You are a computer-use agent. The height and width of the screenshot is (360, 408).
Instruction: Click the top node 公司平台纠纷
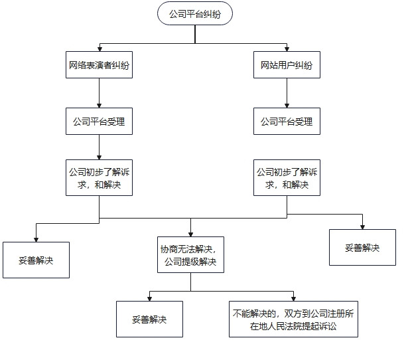click(x=195, y=13)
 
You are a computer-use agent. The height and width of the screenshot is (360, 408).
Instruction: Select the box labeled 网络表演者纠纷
click(x=99, y=65)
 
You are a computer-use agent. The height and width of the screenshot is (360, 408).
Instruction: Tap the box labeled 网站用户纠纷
click(x=287, y=65)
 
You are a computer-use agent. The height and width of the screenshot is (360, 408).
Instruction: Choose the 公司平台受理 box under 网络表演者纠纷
click(x=99, y=121)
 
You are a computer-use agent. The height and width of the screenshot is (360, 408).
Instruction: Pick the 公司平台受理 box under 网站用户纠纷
click(x=287, y=121)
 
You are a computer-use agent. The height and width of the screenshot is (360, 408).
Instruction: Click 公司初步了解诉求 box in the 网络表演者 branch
click(x=99, y=177)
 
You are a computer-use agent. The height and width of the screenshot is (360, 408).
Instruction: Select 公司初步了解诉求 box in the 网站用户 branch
click(x=287, y=177)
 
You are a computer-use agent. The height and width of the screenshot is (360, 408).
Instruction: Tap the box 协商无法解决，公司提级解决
click(x=190, y=255)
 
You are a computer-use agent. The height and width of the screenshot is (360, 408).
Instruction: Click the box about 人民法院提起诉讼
click(x=293, y=319)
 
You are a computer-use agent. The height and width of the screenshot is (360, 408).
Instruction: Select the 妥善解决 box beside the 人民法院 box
click(x=150, y=319)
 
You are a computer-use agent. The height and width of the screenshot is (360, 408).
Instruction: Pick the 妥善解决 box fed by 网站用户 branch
click(x=362, y=248)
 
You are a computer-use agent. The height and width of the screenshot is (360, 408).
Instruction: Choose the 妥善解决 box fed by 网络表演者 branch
click(x=36, y=260)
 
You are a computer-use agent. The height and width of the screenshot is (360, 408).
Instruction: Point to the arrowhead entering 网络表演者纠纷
click(x=100, y=49)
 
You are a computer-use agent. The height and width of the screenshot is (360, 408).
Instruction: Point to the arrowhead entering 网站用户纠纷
click(x=287, y=49)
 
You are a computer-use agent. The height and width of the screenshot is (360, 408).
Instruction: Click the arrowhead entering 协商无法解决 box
click(x=190, y=234)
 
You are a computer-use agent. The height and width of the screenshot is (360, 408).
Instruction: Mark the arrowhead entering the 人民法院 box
click(x=293, y=299)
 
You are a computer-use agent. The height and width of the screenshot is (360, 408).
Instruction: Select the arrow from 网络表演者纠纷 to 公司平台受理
click(x=99, y=93)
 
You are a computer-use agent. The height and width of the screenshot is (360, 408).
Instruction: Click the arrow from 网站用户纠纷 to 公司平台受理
click(x=287, y=93)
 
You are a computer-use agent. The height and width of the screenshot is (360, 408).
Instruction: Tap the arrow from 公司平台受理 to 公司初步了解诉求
click(x=99, y=147)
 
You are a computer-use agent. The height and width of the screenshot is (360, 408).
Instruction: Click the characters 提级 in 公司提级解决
click(x=190, y=262)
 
